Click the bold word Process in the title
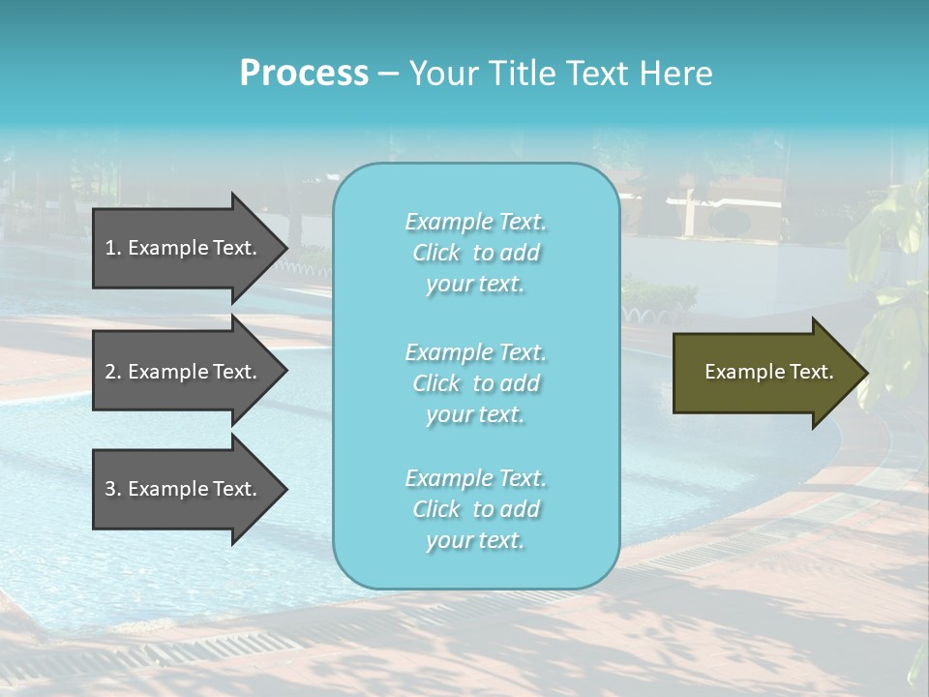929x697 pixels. tap(304, 74)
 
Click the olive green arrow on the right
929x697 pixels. tap(764, 373)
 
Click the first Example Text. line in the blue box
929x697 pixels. tap(475, 222)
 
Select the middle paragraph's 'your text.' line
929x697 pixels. tap(475, 414)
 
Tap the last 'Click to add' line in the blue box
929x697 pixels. tap(475, 509)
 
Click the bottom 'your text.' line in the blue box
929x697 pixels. tap(475, 540)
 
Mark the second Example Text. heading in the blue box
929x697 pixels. tap(475, 352)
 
